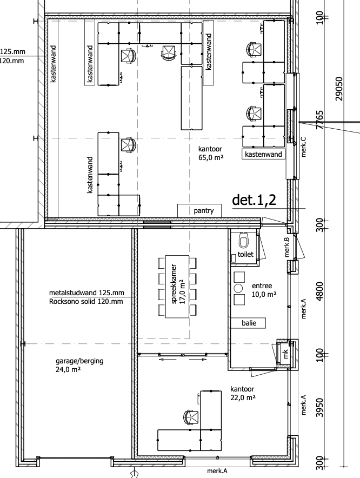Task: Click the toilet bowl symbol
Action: tap(243, 240)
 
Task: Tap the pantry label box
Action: tap(199, 211)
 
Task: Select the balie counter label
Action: tap(248, 323)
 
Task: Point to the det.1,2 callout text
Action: tap(254, 200)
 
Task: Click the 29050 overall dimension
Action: tap(339, 89)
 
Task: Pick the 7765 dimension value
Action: tap(320, 120)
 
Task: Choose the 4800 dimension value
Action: tap(320, 291)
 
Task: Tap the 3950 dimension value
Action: tap(320, 408)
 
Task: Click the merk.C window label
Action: tap(303, 147)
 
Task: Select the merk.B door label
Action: tap(286, 247)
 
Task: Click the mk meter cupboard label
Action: tap(285, 354)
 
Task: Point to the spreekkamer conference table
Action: tap(177, 287)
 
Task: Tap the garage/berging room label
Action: tap(79, 365)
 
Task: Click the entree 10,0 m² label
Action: tap(264, 290)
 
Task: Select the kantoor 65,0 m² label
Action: tap(210, 153)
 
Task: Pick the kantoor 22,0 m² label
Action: tap(243, 393)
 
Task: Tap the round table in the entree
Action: tap(238, 288)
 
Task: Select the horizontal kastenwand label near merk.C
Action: tap(263, 154)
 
